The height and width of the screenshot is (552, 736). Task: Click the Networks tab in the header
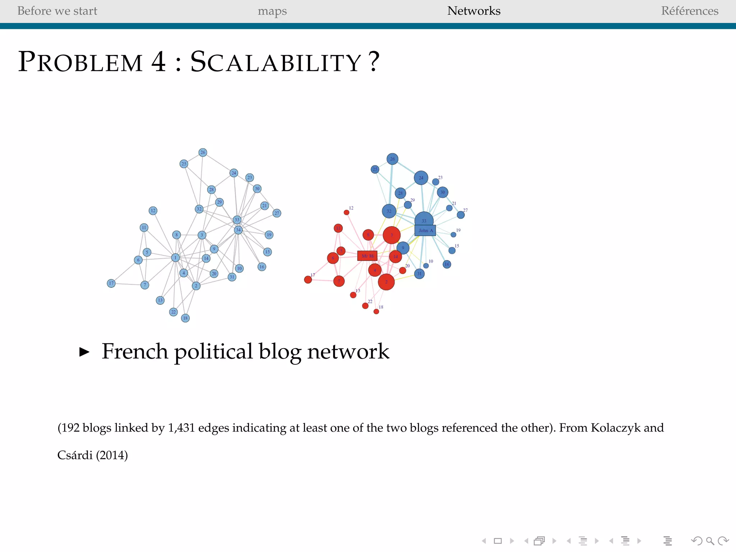tap(474, 11)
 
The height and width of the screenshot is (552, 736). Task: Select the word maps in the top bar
tap(272, 11)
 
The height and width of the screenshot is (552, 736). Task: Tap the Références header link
tap(689, 11)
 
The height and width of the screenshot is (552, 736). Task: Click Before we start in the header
tap(57, 11)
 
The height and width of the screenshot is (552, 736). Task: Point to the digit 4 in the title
tap(158, 61)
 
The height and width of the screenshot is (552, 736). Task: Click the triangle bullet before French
tap(84, 352)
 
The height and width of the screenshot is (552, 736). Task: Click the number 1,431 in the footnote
tap(181, 428)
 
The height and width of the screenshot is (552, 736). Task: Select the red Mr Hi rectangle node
tap(367, 256)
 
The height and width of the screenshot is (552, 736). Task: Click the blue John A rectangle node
tap(425, 230)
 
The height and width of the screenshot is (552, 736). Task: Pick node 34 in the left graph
tap(238, 230)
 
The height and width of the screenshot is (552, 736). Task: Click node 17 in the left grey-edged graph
tap(111, 284)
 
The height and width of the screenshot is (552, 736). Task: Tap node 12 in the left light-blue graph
tap(153, 211)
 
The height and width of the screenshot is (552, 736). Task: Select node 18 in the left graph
tap(185, 318)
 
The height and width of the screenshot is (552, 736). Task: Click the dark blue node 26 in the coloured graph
tap(392, 159)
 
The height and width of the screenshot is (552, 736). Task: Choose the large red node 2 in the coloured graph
tap(386, 282)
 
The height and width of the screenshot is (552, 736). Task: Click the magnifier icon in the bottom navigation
tap(710, 541)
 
